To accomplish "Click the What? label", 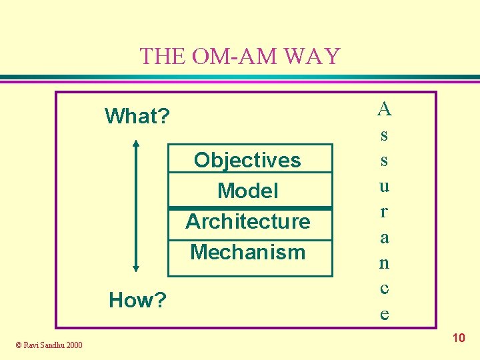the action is pyautogui.click(x=137, y=117).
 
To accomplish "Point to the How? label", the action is pyautogui.click(x=137, y=301).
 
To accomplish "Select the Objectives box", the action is pyautogui.click(x=248, y=160).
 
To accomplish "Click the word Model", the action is pyautogui.click(x=248, y=191).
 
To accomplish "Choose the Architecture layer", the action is pyautogui.click(x=248, y=221).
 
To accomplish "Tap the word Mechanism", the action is pyautogui.click(x=248, y=252).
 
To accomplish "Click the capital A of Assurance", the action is pyautogui.click(x=384, y=108).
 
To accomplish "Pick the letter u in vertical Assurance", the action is pyautogui.click(x=384, y=186).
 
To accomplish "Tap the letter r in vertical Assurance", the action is pyautogui.click(x=384, y=211).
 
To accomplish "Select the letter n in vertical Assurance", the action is pyautogui.click(x=384, y=263).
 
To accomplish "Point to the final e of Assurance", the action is pyautogui.click(x=384, y=314).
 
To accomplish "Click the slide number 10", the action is pyautogui.click(x=458, y=339).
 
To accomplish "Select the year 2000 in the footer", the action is pyautogui.click(x=75, y=345).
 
